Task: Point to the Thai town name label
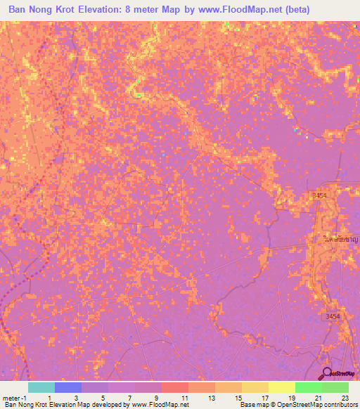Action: pyautogui.click(x=340, y=239)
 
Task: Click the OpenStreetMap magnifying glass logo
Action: pyautogui.click(x=327, y=373)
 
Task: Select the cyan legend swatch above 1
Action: pyautogui.click(x=41, y=387)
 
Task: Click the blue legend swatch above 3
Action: pyautogui.click(x=68, y=387)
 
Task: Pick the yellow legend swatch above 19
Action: pyautogui.click(x=282, y=387)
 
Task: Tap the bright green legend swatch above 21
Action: pyautogui.click(x=309, y=387)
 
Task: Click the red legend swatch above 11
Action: pyautogui.click(x=175, y=387)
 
